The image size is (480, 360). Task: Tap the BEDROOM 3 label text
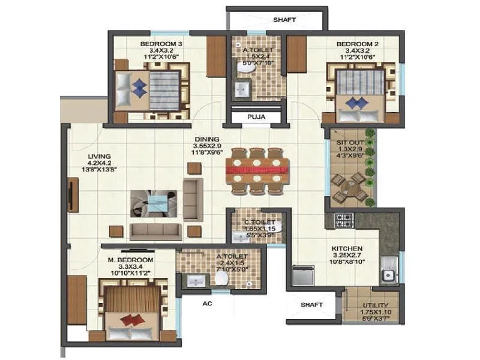click(161, 44)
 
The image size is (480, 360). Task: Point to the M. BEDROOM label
click(130, 260)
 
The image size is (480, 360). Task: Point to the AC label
click(208, 304)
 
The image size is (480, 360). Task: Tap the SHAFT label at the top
click(284, 20)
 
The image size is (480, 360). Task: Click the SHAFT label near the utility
click(312, 305)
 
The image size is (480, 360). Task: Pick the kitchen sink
click(388, 275)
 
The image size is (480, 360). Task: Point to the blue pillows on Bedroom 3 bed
click(140, 88)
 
